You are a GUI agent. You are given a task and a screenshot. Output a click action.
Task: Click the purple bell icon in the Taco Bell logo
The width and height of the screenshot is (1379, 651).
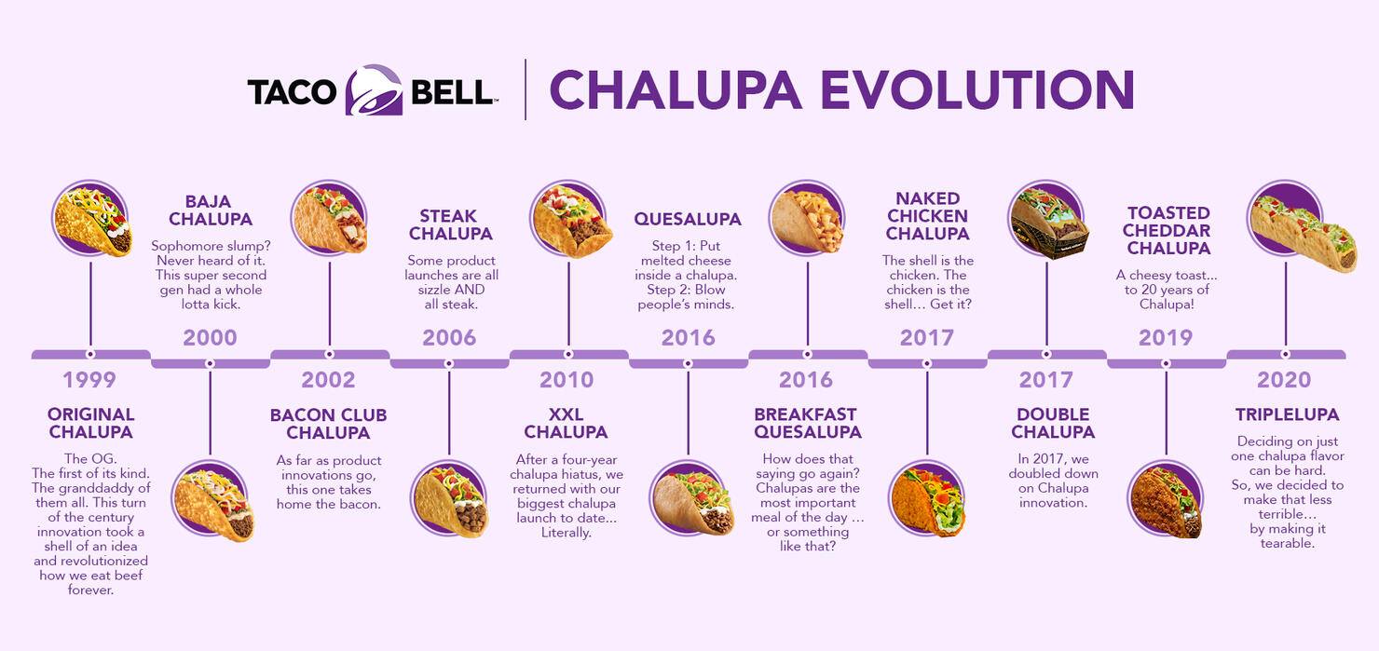coord(375,89)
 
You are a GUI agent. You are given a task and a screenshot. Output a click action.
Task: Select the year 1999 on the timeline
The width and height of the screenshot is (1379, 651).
coord(89,380)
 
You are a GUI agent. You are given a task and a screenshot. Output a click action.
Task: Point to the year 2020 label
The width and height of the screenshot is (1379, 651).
coord(1284,380)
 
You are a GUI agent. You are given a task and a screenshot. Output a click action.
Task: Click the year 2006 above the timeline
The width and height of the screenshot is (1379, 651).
coord(449,337)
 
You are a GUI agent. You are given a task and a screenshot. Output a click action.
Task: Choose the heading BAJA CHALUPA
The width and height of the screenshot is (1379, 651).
coord(211,210)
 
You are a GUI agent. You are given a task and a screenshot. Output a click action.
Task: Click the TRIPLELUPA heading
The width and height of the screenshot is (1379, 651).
coord(1288,414)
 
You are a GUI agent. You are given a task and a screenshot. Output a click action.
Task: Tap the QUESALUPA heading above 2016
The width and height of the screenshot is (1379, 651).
coord(688,219)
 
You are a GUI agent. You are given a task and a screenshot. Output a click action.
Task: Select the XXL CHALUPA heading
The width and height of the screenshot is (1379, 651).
coord(566,424)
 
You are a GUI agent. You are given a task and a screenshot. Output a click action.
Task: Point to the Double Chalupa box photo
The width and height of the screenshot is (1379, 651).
coord(1048,222)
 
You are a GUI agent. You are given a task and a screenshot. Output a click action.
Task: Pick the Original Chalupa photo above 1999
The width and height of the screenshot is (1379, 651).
coord(92,220)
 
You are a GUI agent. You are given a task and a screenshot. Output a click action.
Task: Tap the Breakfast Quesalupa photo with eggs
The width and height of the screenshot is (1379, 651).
coord(807,219)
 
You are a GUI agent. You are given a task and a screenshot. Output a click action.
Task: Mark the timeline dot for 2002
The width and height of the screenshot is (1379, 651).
coord(329,355)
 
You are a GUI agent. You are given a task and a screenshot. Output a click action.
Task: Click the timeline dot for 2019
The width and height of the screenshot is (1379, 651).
coord(1166,363)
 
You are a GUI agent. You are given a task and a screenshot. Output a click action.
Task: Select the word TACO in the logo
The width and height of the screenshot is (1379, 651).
coord(292,92)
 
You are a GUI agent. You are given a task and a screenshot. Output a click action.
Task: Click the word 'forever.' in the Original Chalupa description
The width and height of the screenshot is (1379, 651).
coord(90,590)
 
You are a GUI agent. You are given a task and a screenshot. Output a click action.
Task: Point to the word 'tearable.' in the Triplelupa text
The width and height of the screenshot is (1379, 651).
coord(1288,543)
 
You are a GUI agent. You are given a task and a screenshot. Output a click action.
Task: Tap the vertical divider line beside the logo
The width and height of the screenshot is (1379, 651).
coord(526,89)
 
